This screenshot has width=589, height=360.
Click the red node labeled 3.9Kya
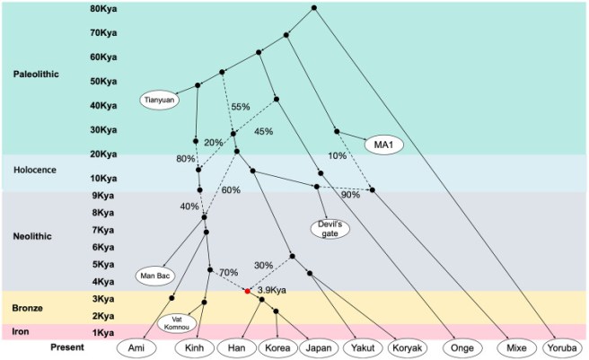tap(247, 291)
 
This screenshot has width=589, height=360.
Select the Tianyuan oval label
tap(159, 100)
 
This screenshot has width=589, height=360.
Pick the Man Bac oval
tap(154, 275)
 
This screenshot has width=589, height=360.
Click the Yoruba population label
tap(557, 347)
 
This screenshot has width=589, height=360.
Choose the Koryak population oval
tap(402, 347)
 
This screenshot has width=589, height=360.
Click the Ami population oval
tap(137, 347)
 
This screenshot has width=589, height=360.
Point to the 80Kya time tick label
tap(102, 9)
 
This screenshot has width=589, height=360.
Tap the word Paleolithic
tap(37, 75)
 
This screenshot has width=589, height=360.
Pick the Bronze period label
tap(28, 307)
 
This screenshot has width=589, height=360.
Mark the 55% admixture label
tap(240, 107)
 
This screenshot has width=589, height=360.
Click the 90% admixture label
tap(350, 195)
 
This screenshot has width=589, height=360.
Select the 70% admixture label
tap(229, 272)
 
